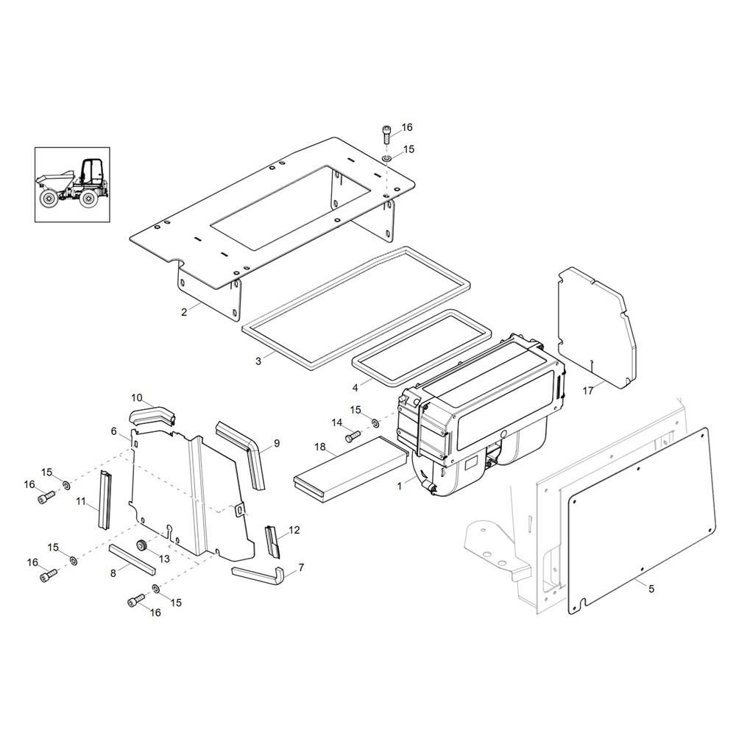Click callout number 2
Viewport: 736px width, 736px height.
click(184, 312)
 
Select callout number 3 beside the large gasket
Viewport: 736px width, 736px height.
click(258, 361)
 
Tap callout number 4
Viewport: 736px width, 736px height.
click(355, 386)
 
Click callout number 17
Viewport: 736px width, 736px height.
click(588, 391)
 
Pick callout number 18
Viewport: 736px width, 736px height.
click(320, 447)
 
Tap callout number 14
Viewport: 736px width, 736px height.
click(337, 422)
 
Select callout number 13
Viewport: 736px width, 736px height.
click(163, 559)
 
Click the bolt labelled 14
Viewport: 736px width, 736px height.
click(350, 436)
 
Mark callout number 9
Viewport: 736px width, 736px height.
click(277, 443)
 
